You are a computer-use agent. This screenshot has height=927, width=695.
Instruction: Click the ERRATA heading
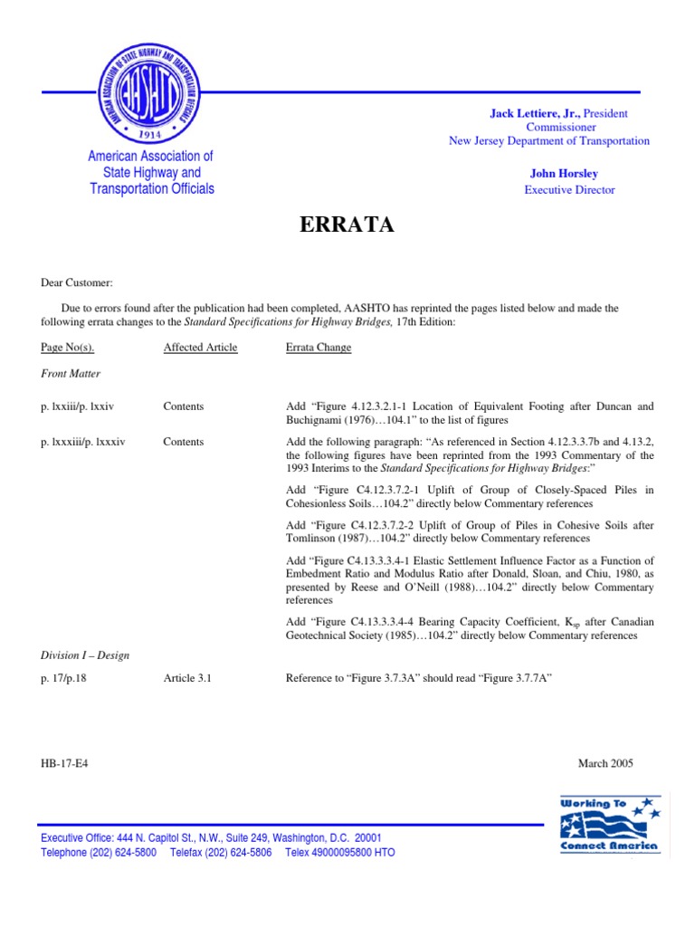347,226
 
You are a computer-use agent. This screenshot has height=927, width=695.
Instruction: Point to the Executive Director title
569,190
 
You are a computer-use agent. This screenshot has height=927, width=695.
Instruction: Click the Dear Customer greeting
77,283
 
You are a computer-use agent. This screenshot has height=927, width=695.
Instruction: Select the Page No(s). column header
68,348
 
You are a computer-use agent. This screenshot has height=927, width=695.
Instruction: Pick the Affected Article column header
200,348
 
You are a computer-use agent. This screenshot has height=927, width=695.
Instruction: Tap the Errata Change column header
319,348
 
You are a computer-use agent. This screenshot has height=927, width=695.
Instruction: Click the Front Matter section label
71,373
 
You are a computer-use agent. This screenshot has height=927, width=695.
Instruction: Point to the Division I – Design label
85,655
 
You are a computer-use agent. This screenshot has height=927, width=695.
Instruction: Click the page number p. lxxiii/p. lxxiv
82,407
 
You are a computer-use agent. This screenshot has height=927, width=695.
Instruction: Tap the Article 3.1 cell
187,677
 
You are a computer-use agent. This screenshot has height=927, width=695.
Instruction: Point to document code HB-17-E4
64,763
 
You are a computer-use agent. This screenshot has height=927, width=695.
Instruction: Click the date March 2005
605,763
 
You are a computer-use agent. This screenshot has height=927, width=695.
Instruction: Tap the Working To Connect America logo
610,825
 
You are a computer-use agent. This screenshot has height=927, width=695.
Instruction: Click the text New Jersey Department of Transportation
549,140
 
